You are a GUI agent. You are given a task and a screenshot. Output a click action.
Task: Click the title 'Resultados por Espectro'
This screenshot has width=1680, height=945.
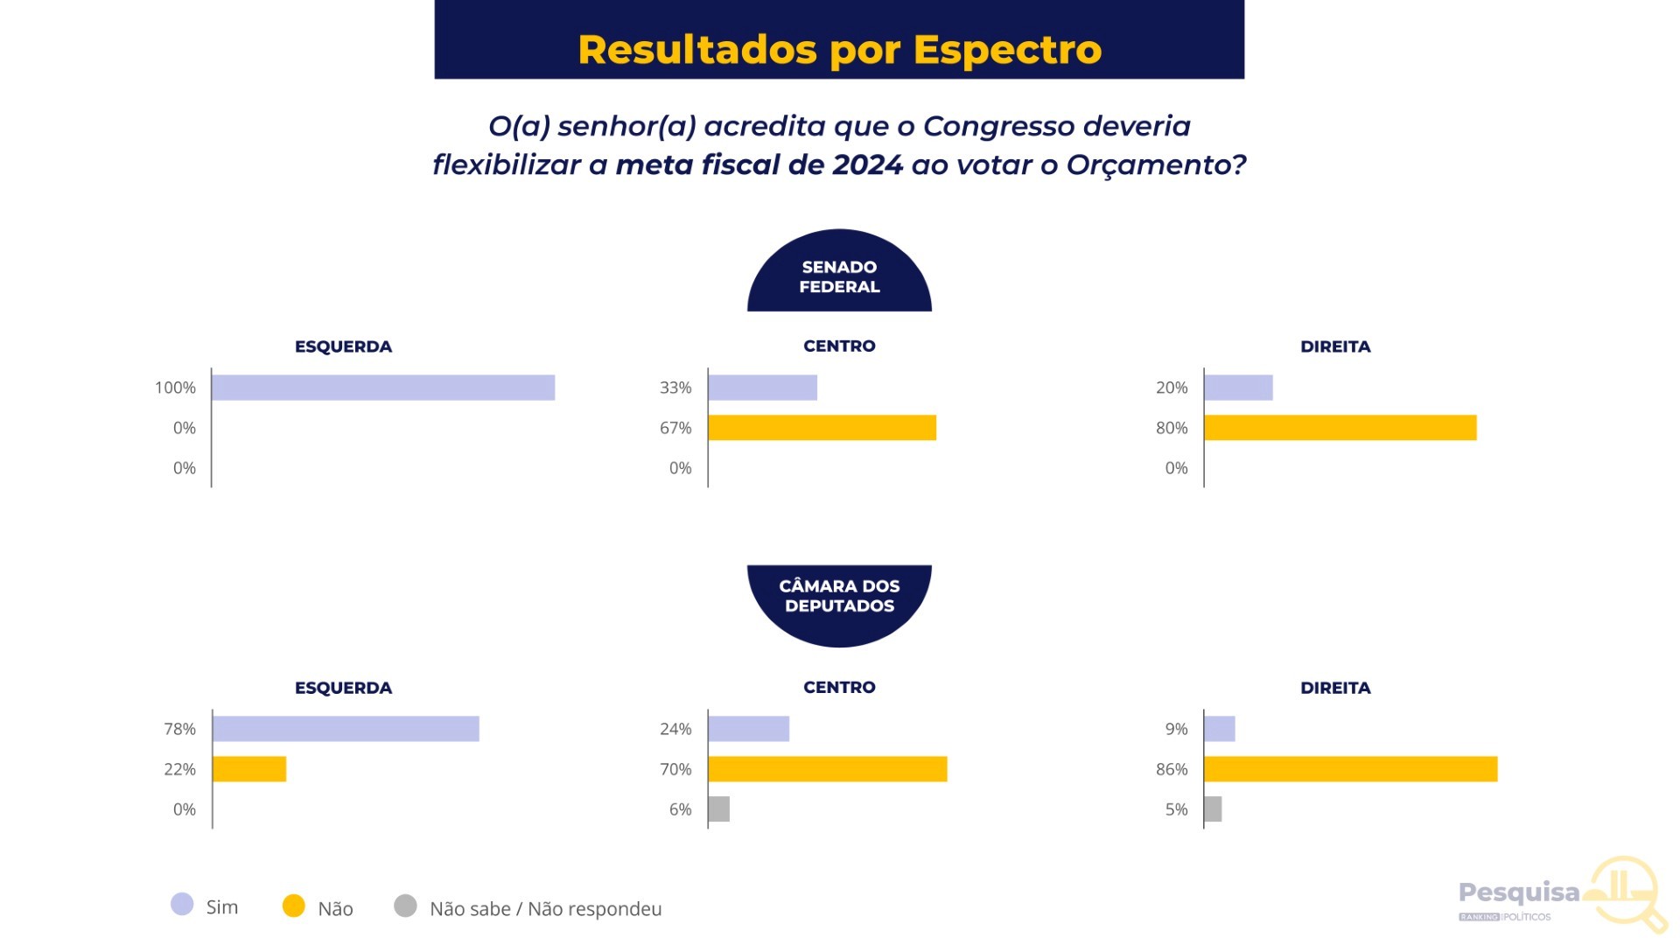pyautogui.click(x=839, y=49)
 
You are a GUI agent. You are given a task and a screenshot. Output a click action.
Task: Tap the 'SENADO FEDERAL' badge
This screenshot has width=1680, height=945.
pyautogui.click(x=839, y=276)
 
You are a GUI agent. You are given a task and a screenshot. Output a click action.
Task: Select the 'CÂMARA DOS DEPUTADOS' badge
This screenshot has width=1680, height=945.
pyautogui.click(x=839, y=596)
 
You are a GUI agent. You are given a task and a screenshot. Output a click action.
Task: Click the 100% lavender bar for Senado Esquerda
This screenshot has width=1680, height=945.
pyautogui.click(x=383, y=388)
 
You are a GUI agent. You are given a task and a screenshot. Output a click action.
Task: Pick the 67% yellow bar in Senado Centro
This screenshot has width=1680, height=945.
pyautogui.click(x=822, y=428)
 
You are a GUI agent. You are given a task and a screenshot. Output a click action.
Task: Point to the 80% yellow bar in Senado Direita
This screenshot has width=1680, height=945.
pyautogui.click(x=1340, y=428)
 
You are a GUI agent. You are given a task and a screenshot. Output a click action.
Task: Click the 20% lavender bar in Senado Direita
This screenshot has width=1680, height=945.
pyautogui.click(x=1238, y=388)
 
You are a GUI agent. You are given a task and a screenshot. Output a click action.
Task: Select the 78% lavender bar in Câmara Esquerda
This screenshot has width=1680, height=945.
pyautogui.click(x=346, y=729)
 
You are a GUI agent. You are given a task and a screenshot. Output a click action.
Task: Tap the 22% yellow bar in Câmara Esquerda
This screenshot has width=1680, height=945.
pyautogui.click(x=249, y=769)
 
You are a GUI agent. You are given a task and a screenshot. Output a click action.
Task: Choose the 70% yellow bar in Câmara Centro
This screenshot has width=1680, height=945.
pyautogui.click(x=827, y=769)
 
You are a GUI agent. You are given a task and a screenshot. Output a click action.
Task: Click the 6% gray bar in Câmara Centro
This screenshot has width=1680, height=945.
pyautogui.click(x=718, y=809)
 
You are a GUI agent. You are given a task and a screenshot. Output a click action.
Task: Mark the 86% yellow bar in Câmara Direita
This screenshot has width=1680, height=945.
pyautogui.click(x=1350, y=769)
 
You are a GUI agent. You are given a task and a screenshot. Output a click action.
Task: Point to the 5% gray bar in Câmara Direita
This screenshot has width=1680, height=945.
pyautogui.click(x=1213, y=809)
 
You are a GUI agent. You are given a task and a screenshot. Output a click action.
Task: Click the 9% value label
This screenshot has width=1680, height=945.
pyautogui.click(x=1176, y=729)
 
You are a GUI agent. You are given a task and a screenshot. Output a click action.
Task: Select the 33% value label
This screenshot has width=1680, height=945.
pyautogui.click(x=675, y=388)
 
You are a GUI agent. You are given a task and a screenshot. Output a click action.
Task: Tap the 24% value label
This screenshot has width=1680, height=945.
pyautogui.click(x=675, y=729)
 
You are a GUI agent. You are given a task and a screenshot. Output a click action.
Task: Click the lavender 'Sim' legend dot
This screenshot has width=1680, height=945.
pyautogui.click(x=182, y=905)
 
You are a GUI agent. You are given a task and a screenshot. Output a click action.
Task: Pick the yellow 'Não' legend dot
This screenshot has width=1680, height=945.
pyautogui.click(x=294, y=906)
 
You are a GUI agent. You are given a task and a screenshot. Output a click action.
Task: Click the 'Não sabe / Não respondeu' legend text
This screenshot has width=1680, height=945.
pyautogui.click(x=545, y=909)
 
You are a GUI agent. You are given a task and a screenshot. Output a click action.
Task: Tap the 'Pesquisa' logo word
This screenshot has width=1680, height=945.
pyautogui.click(x=1519, y=892)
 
